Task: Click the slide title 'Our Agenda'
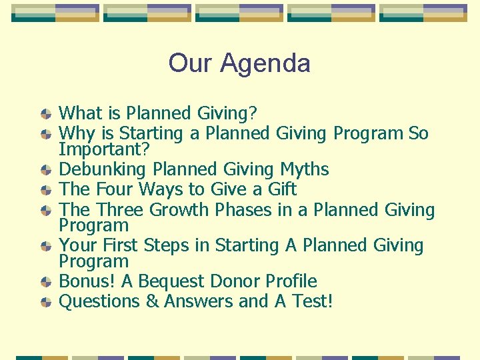tap(239, 63)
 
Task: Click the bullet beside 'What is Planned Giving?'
tap(45, 115)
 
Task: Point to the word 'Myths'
tap(304, 170)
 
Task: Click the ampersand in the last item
tap(153, 301)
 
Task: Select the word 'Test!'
tap(312, 301)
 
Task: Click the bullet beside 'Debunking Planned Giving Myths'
tap(45, 171)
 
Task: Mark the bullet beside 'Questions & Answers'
tap(45, 302)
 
